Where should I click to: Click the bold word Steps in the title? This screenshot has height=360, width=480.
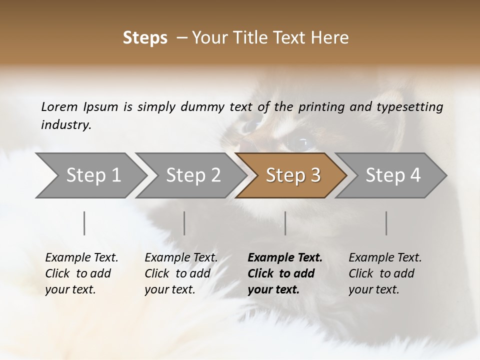coord(145,38)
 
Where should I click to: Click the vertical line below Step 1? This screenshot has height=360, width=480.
coord(84,223)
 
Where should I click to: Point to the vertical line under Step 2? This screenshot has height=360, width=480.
coord(184,223)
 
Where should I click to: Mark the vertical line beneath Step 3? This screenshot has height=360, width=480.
coord(285,223)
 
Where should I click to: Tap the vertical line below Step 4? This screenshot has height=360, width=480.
coord(386,223)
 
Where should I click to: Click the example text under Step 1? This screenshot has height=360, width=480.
coord(81,273)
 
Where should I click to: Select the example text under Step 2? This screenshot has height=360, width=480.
coord(181,273)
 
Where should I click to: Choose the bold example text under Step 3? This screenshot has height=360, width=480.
coord(285,273)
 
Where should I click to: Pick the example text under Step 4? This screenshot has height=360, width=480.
coord(385,273)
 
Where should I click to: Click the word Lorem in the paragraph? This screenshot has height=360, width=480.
coord(59,107)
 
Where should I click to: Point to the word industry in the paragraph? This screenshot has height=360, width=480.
coord(66,125)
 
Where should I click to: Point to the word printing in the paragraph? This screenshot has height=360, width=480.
coord(322,107)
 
